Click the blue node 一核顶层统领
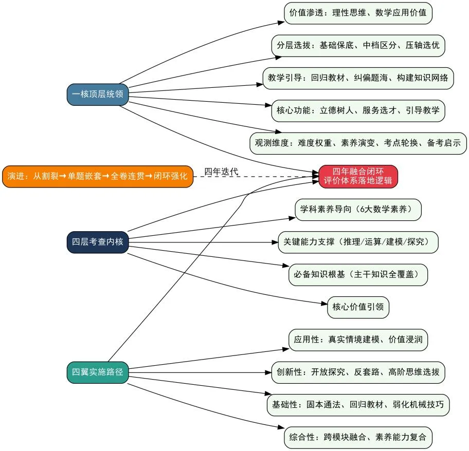[98, 95]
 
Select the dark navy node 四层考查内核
[98, 242]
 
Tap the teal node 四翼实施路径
[98, 372]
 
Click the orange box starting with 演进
[98, 177]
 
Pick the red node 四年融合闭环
[358, 176]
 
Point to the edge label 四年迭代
[221, 172]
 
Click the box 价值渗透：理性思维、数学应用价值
[358, 13]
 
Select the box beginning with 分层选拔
[358, 46]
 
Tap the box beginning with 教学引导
[358, 78]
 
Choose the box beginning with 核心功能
[358, 111]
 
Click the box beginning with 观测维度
[358, 143]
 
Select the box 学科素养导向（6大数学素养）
[358, 210]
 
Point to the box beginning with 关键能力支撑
[358, 242]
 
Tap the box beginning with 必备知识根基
[358, 275]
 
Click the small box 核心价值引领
[358, 307]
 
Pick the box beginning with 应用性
[358, 340]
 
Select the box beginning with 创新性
[358, 372]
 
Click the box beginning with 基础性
[358, 405]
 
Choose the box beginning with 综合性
[358, 438]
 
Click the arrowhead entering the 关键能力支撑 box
[275, 242]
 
